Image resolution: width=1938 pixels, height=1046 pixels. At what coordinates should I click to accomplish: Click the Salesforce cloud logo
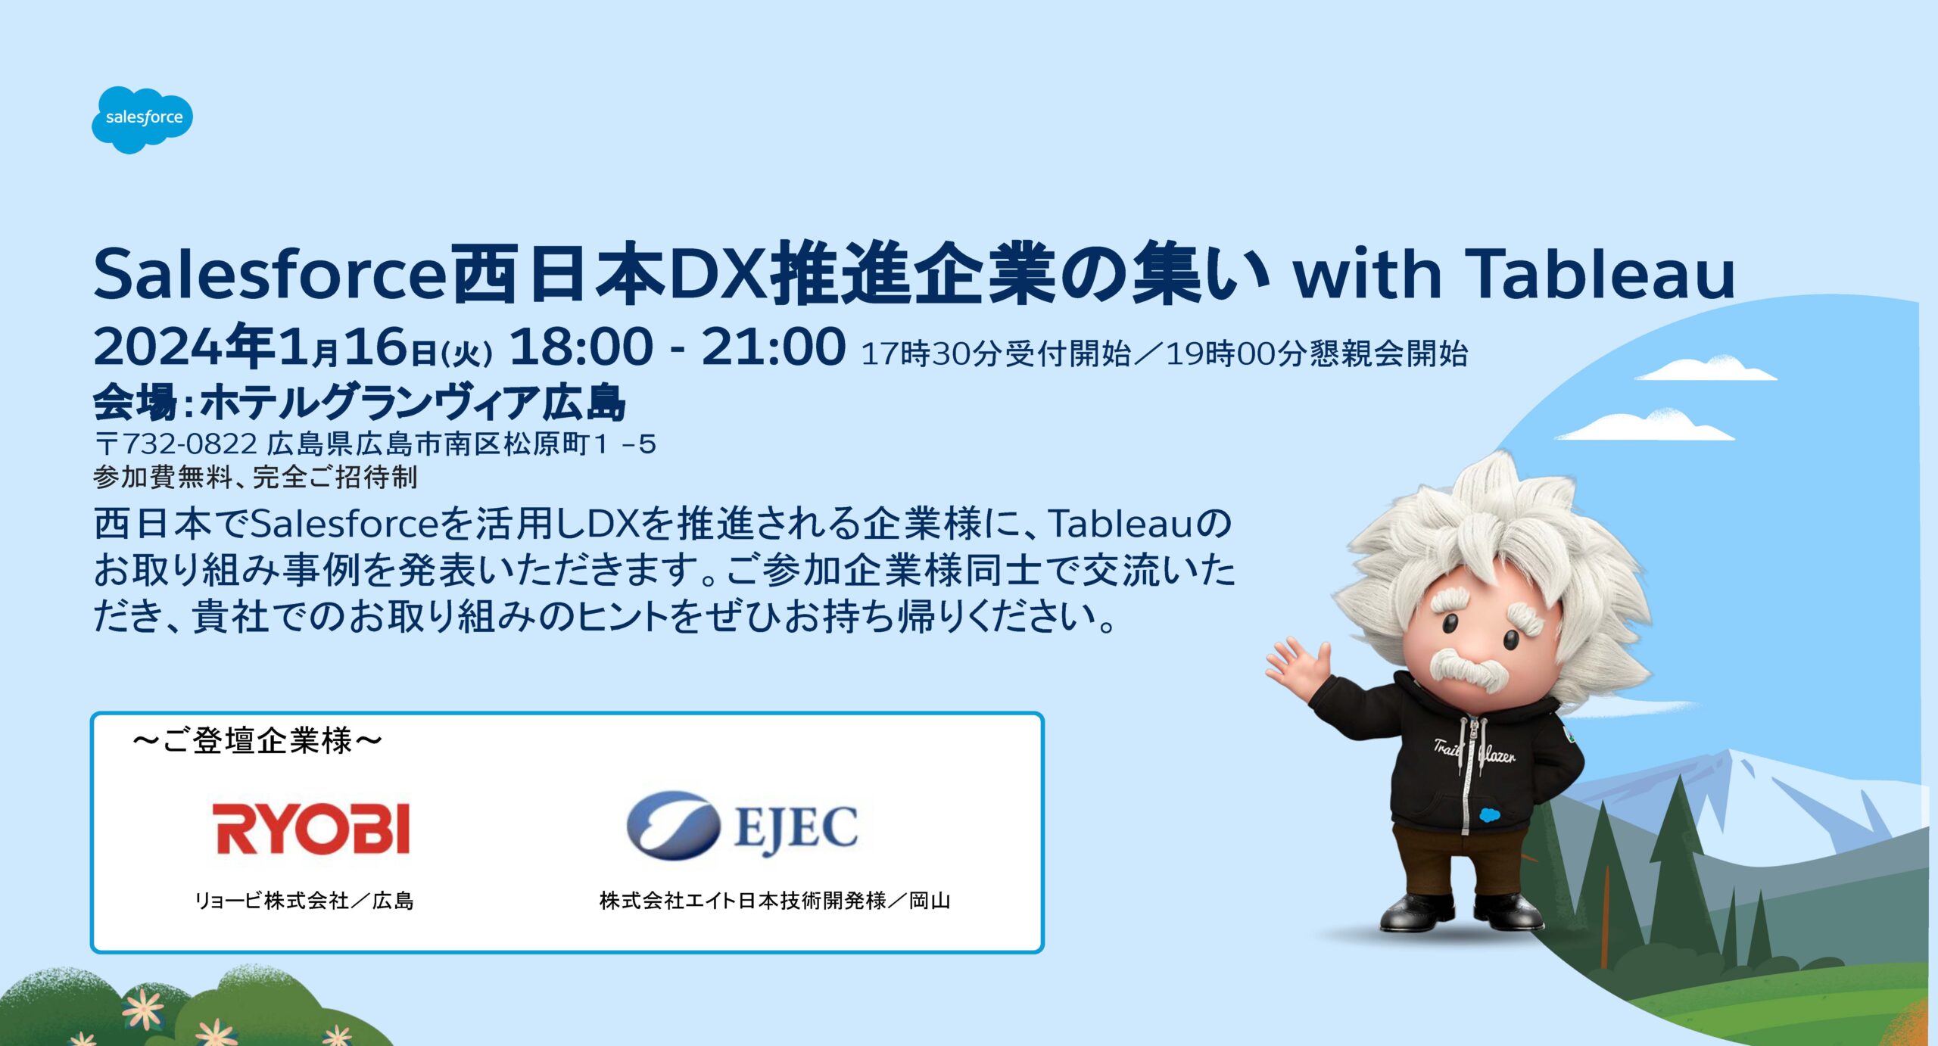[142, 120]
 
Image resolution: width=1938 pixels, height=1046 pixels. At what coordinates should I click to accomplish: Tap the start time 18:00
[581, 347]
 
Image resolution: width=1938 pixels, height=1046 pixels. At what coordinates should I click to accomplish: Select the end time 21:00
[774, 347]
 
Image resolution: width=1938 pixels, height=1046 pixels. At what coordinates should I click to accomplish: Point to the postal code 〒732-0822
[176, 444]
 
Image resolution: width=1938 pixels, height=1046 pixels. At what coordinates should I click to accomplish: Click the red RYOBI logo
[311, 828]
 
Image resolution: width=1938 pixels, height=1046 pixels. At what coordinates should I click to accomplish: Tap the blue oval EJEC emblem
[673, 826]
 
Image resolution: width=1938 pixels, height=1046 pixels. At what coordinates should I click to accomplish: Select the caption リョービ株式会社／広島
[304, 901]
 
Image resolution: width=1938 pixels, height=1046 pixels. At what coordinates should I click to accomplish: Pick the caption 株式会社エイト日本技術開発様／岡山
[774, 901]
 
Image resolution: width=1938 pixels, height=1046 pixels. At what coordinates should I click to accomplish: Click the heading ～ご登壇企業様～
[257, 741]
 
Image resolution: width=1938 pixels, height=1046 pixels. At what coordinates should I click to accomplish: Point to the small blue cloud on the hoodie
[1488, 815]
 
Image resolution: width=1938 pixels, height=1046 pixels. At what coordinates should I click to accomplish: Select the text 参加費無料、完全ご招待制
[255, 478]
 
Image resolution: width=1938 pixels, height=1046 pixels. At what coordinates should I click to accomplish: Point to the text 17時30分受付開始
[996, 353]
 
